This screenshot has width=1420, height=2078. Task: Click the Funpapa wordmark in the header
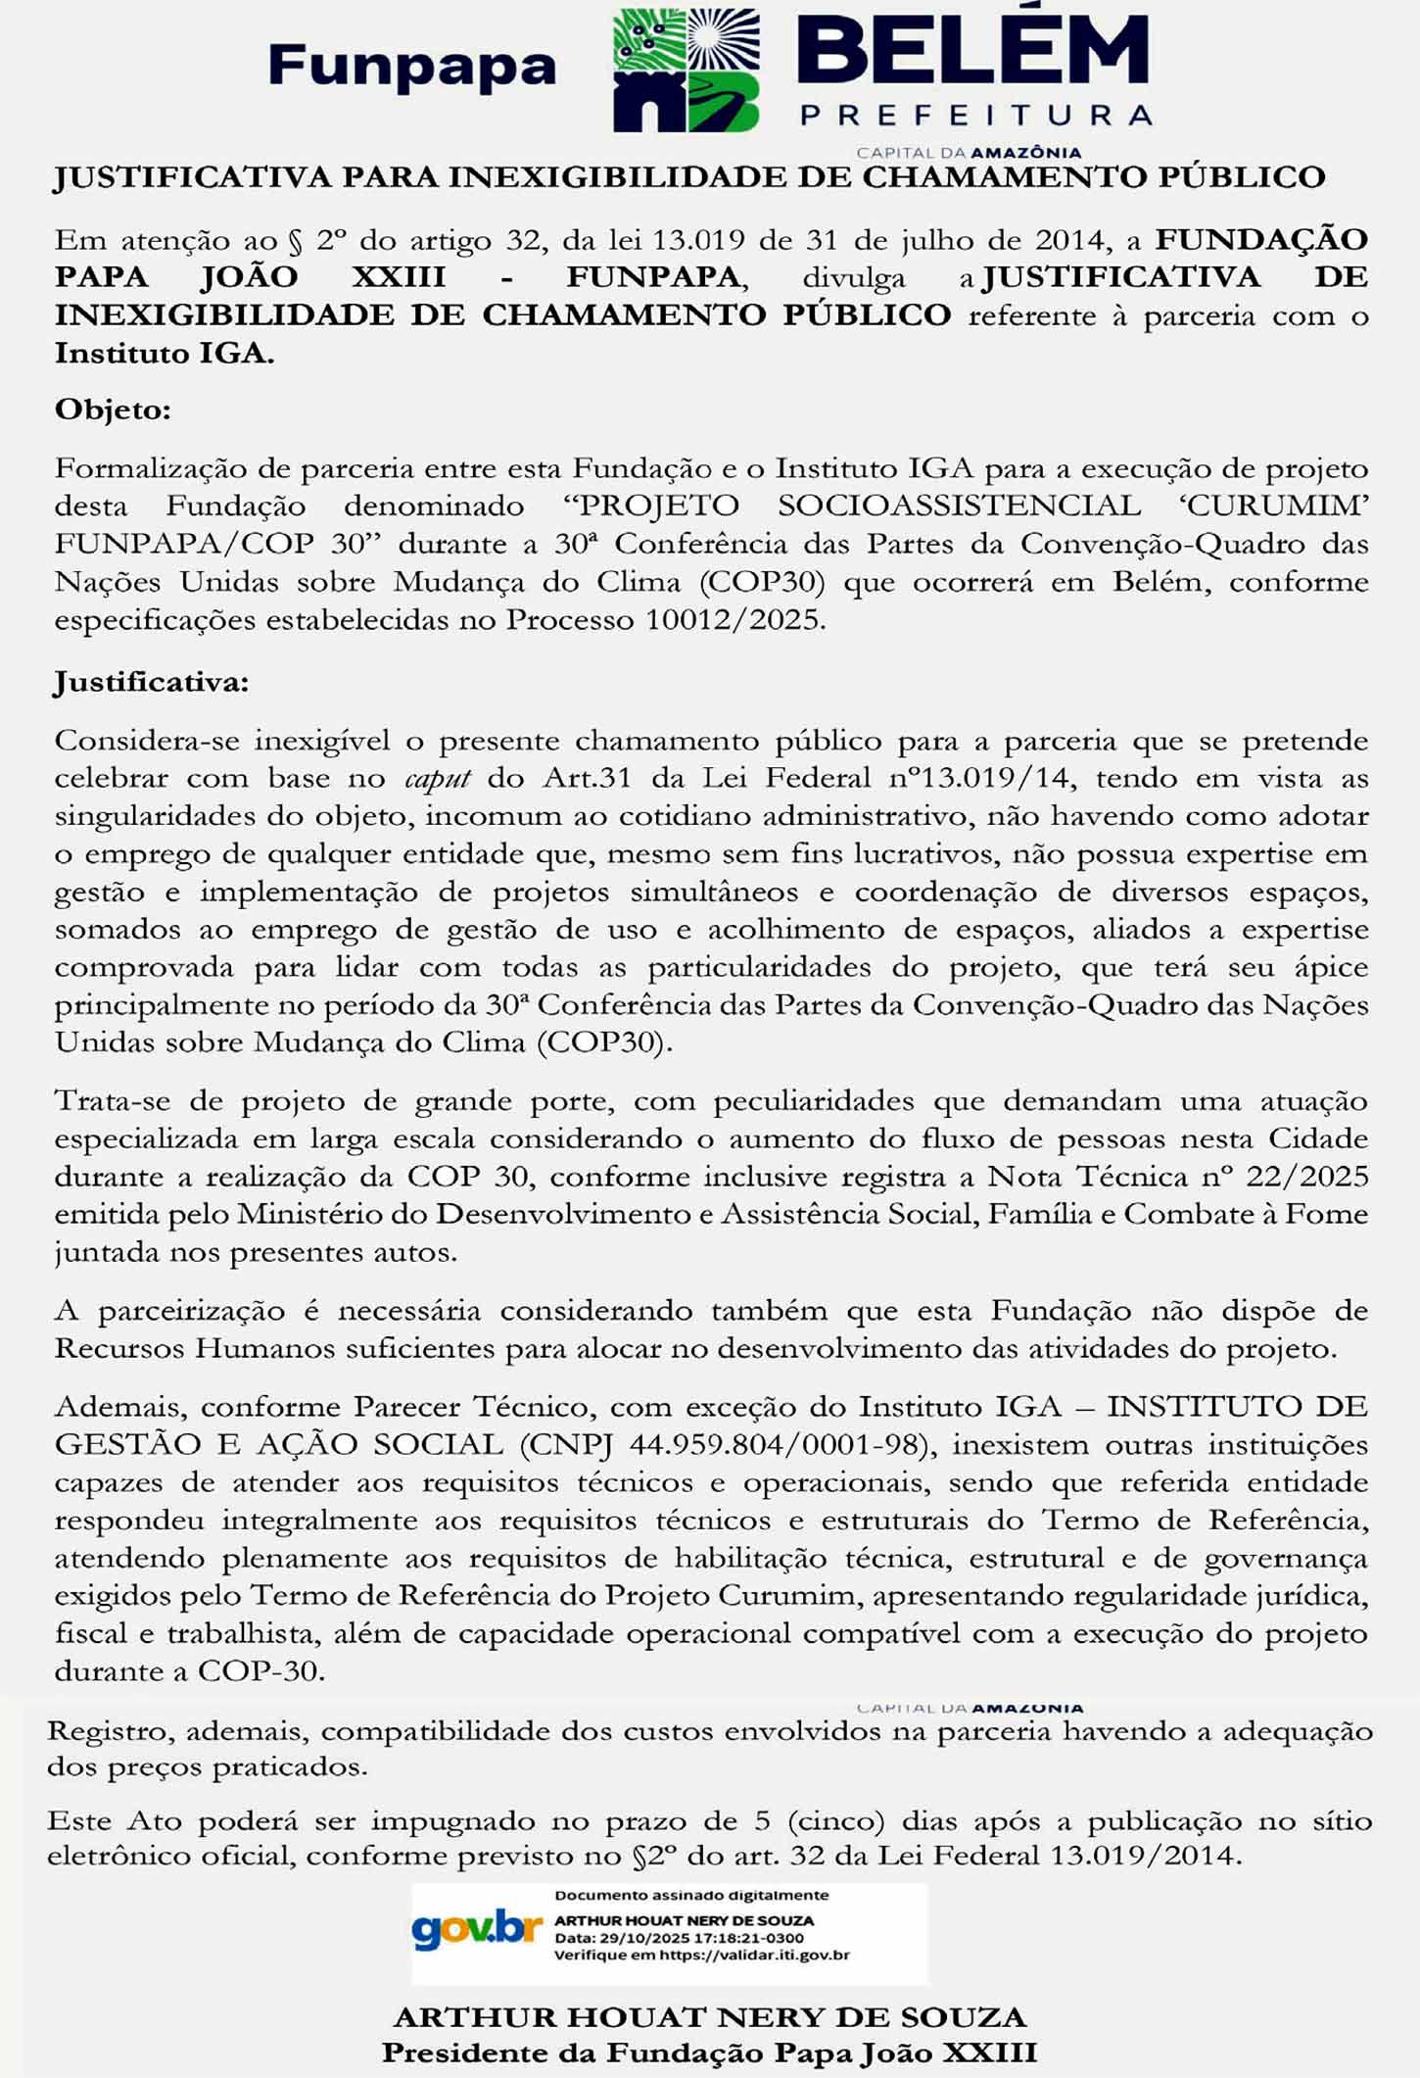tap(412, 67)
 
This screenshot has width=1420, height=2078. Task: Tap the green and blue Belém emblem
tap(686, 71)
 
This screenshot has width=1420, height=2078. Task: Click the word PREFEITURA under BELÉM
tap(975, 116)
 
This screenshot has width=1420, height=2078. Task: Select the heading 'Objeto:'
tap(113, 409)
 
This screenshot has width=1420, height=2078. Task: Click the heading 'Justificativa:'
tap(152, 681)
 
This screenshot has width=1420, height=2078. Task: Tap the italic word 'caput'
tap(438, 778)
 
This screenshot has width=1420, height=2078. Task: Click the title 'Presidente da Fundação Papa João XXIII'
tap(709, 2052)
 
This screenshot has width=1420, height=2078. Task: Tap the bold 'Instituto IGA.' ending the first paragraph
tap(165, 353)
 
